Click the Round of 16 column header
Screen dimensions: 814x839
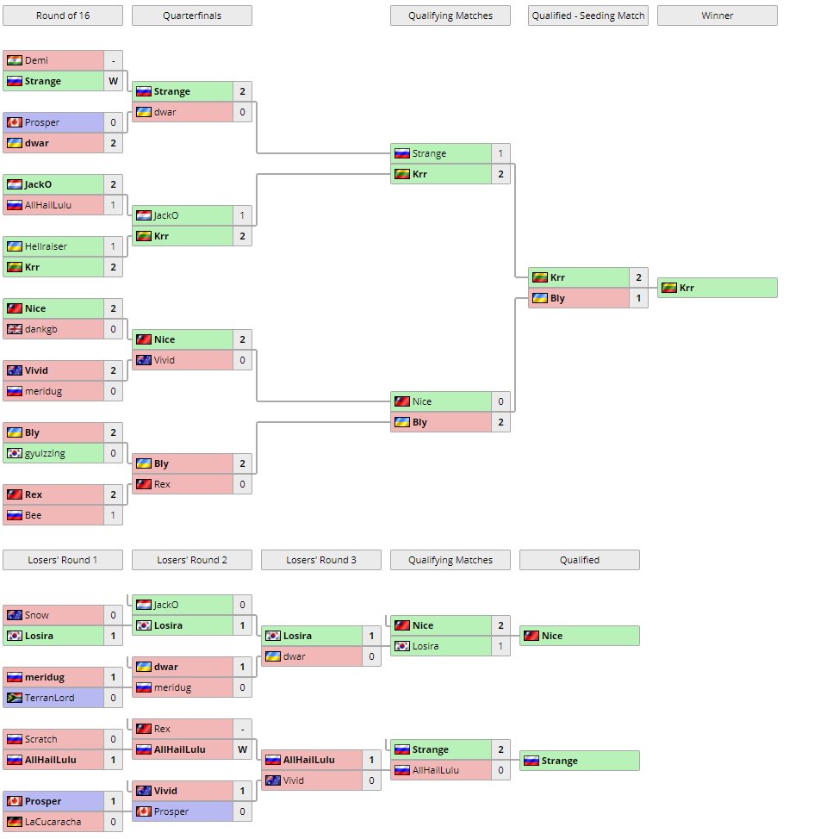click(63, 16)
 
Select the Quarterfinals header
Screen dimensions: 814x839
click(192, 16)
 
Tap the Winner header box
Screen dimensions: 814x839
click(717, 16)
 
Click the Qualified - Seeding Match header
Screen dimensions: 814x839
click(588, 16)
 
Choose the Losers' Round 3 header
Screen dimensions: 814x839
click(321, 560)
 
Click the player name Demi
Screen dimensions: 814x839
click(36, 60)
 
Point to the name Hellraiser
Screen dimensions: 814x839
click(46, 246)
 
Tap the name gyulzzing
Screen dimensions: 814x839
click(45, 453)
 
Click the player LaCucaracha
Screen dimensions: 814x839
click(53, 822)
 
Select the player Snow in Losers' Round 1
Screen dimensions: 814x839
click(36, 615)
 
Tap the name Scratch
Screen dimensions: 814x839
click(40, 739)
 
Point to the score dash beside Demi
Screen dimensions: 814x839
click(113, 60)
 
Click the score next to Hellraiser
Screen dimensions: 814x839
click(113, 246)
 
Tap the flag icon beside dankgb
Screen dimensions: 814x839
click(14, 329)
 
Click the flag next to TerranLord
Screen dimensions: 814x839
click(14, 698)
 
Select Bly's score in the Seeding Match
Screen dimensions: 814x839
click(638, 298)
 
